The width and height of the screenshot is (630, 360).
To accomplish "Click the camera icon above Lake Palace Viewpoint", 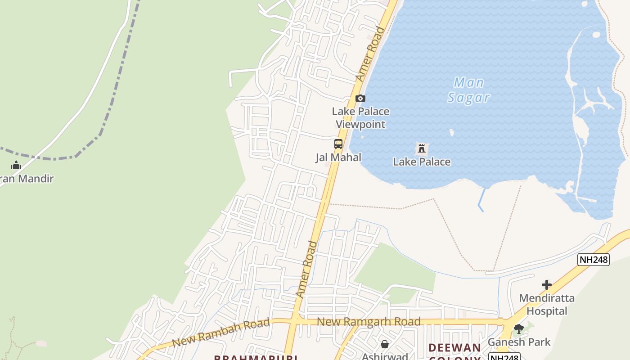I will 360,98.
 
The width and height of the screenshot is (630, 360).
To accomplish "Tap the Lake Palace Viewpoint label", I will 360,117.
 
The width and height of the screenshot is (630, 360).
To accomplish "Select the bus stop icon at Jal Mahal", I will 338,144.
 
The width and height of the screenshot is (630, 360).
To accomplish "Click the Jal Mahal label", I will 338,157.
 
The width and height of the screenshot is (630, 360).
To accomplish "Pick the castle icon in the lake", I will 421,148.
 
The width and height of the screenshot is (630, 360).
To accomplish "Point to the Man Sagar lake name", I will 468,90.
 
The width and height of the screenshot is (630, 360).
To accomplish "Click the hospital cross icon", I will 546,285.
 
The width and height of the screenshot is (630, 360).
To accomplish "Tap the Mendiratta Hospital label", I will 547,304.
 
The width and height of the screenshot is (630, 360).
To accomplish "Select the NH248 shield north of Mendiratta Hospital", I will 594,259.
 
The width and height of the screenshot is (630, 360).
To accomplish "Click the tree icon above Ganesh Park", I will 518,329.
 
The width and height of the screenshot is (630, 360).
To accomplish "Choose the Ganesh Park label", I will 519,342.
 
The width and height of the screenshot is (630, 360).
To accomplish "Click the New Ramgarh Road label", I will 369,322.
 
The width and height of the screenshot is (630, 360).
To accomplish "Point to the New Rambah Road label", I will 221,332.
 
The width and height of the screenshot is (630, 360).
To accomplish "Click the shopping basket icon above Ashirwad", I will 385,344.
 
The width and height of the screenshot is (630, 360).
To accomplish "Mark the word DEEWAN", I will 454,348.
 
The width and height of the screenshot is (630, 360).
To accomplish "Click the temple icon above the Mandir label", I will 16,166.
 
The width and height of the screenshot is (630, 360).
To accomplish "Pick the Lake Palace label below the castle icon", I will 422,162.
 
